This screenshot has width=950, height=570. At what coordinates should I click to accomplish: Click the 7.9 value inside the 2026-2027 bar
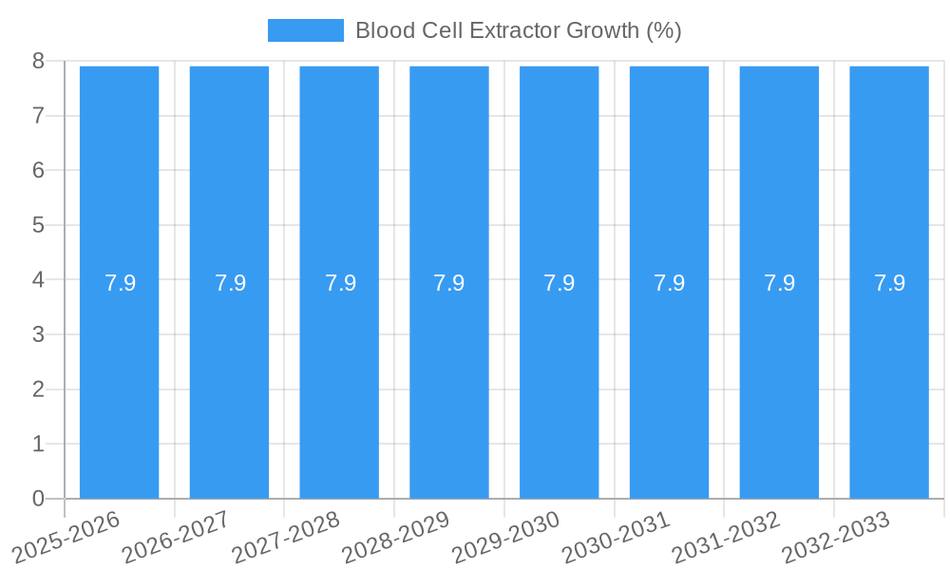point(230,283)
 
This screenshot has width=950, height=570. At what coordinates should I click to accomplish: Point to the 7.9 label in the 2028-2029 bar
point(449,283)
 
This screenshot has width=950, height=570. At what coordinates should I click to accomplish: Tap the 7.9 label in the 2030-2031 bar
point(670,283)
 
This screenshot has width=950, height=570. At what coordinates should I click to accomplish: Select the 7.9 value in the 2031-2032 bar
point(780,283)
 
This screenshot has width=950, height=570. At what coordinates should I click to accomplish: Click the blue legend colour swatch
point(305,30)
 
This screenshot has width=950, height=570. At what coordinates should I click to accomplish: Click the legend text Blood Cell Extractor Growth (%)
point(518,30)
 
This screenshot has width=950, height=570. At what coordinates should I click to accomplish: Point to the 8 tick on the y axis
point(38,61)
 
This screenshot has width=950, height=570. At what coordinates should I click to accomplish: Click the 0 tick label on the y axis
point(38,499)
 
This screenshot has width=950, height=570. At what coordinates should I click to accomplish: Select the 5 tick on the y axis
point(38,225)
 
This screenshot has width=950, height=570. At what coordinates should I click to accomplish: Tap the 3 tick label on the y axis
point(38,334)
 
